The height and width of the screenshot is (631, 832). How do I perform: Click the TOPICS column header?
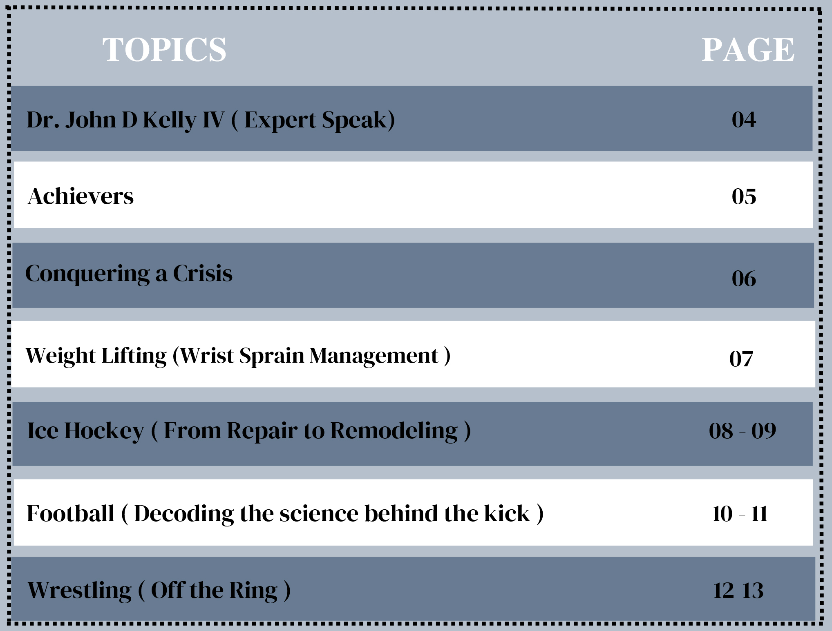[164, 49]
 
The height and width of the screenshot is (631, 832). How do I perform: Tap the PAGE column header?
[748, 49]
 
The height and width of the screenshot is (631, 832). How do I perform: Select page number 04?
[744, 120]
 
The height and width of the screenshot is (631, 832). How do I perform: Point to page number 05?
[744, 196]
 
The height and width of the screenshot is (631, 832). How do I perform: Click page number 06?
[744, 279]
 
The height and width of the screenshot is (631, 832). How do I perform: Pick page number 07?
[741, 359]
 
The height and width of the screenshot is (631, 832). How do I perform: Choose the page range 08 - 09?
[743, 431]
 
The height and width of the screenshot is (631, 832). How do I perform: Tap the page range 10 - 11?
[740, 514]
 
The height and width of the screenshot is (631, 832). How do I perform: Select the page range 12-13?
[738, 591]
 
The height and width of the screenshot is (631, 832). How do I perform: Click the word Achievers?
[81, 196]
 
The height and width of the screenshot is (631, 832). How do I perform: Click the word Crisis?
[203, 273]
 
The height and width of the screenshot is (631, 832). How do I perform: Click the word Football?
[70, 514]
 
